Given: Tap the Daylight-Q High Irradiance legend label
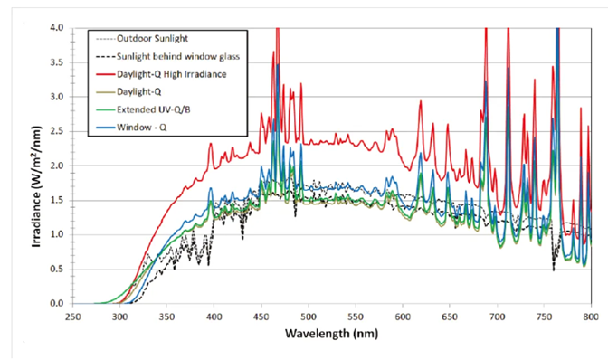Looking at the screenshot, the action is pos(171,74).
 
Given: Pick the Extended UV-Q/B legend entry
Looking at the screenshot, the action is pos(154,109).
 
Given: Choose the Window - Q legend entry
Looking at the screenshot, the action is pos(141,128).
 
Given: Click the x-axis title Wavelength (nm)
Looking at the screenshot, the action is pos(331,333).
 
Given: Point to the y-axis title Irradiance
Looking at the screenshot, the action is pos(36,186).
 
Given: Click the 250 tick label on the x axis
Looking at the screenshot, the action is pos(73,317).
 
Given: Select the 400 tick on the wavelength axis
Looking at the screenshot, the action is pos(214,317).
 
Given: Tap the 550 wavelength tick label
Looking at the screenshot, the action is pos(356,317).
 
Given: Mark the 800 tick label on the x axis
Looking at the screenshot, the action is pos(591,317).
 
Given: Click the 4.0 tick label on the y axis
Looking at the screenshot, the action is pos(57,28).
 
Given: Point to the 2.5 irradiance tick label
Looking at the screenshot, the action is pos(57,131).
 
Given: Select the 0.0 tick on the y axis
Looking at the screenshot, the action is pos(57,303).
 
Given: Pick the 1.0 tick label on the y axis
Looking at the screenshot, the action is pos(57,235).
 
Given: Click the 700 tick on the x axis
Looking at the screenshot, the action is pos(497,317).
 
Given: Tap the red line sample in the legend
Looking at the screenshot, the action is pos(106,74).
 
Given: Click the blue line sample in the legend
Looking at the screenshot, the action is pos(106,128).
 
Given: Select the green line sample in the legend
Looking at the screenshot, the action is pos(106,110).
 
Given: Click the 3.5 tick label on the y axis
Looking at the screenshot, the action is pos(57,62).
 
